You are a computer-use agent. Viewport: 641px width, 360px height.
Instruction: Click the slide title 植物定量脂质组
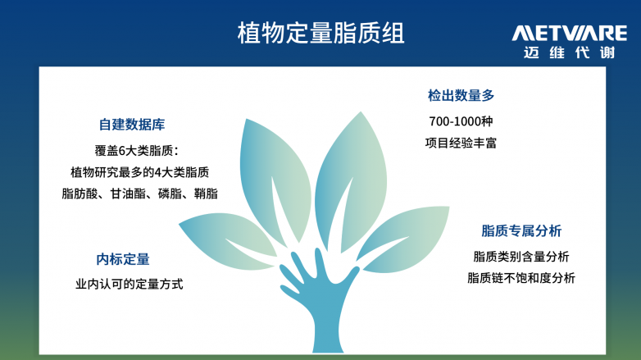pyautogui.click(x=320, y=33)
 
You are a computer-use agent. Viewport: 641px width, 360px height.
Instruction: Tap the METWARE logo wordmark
pyautogui.click(x=570, y=33)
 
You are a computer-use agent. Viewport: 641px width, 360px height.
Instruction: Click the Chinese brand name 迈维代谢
pyautogui.click(x=570, y=52)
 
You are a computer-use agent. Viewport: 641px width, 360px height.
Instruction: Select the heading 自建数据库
pyautogui.click(x=132, y=125)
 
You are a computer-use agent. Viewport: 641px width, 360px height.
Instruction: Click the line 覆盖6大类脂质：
pyautogui.click(x=137, y=151)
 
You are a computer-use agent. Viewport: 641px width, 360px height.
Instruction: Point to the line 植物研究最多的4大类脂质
pyautogui.click(x=140, y=172)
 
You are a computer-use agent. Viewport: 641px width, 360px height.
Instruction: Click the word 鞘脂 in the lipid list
pyautogui.click(x=206, y=194)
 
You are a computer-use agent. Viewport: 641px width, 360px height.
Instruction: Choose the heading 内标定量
pyautogui.click(x=123, y=259)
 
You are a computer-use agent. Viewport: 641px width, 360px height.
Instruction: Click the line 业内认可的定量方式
pyautogui.click(x=130, y=284)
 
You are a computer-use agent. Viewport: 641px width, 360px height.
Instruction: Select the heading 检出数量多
pyautogui.click(x=461, y=95)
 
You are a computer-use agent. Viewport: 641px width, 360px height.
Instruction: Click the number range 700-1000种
pyautogui.click(x=461, y=121)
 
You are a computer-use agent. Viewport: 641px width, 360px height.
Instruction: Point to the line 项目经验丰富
pyautogui.click(x=461, y=143)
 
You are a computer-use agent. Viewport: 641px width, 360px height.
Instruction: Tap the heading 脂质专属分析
pyautogui.click(x=521, y=230)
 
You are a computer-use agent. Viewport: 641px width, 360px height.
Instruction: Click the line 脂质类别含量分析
pyautogui.click(x=521, y=257)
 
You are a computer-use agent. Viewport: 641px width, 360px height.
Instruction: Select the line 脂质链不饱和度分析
pyautogui.click(x=521, y=278)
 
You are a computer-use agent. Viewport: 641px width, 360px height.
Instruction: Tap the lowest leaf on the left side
pyautogui.click(x=229, y=240)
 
